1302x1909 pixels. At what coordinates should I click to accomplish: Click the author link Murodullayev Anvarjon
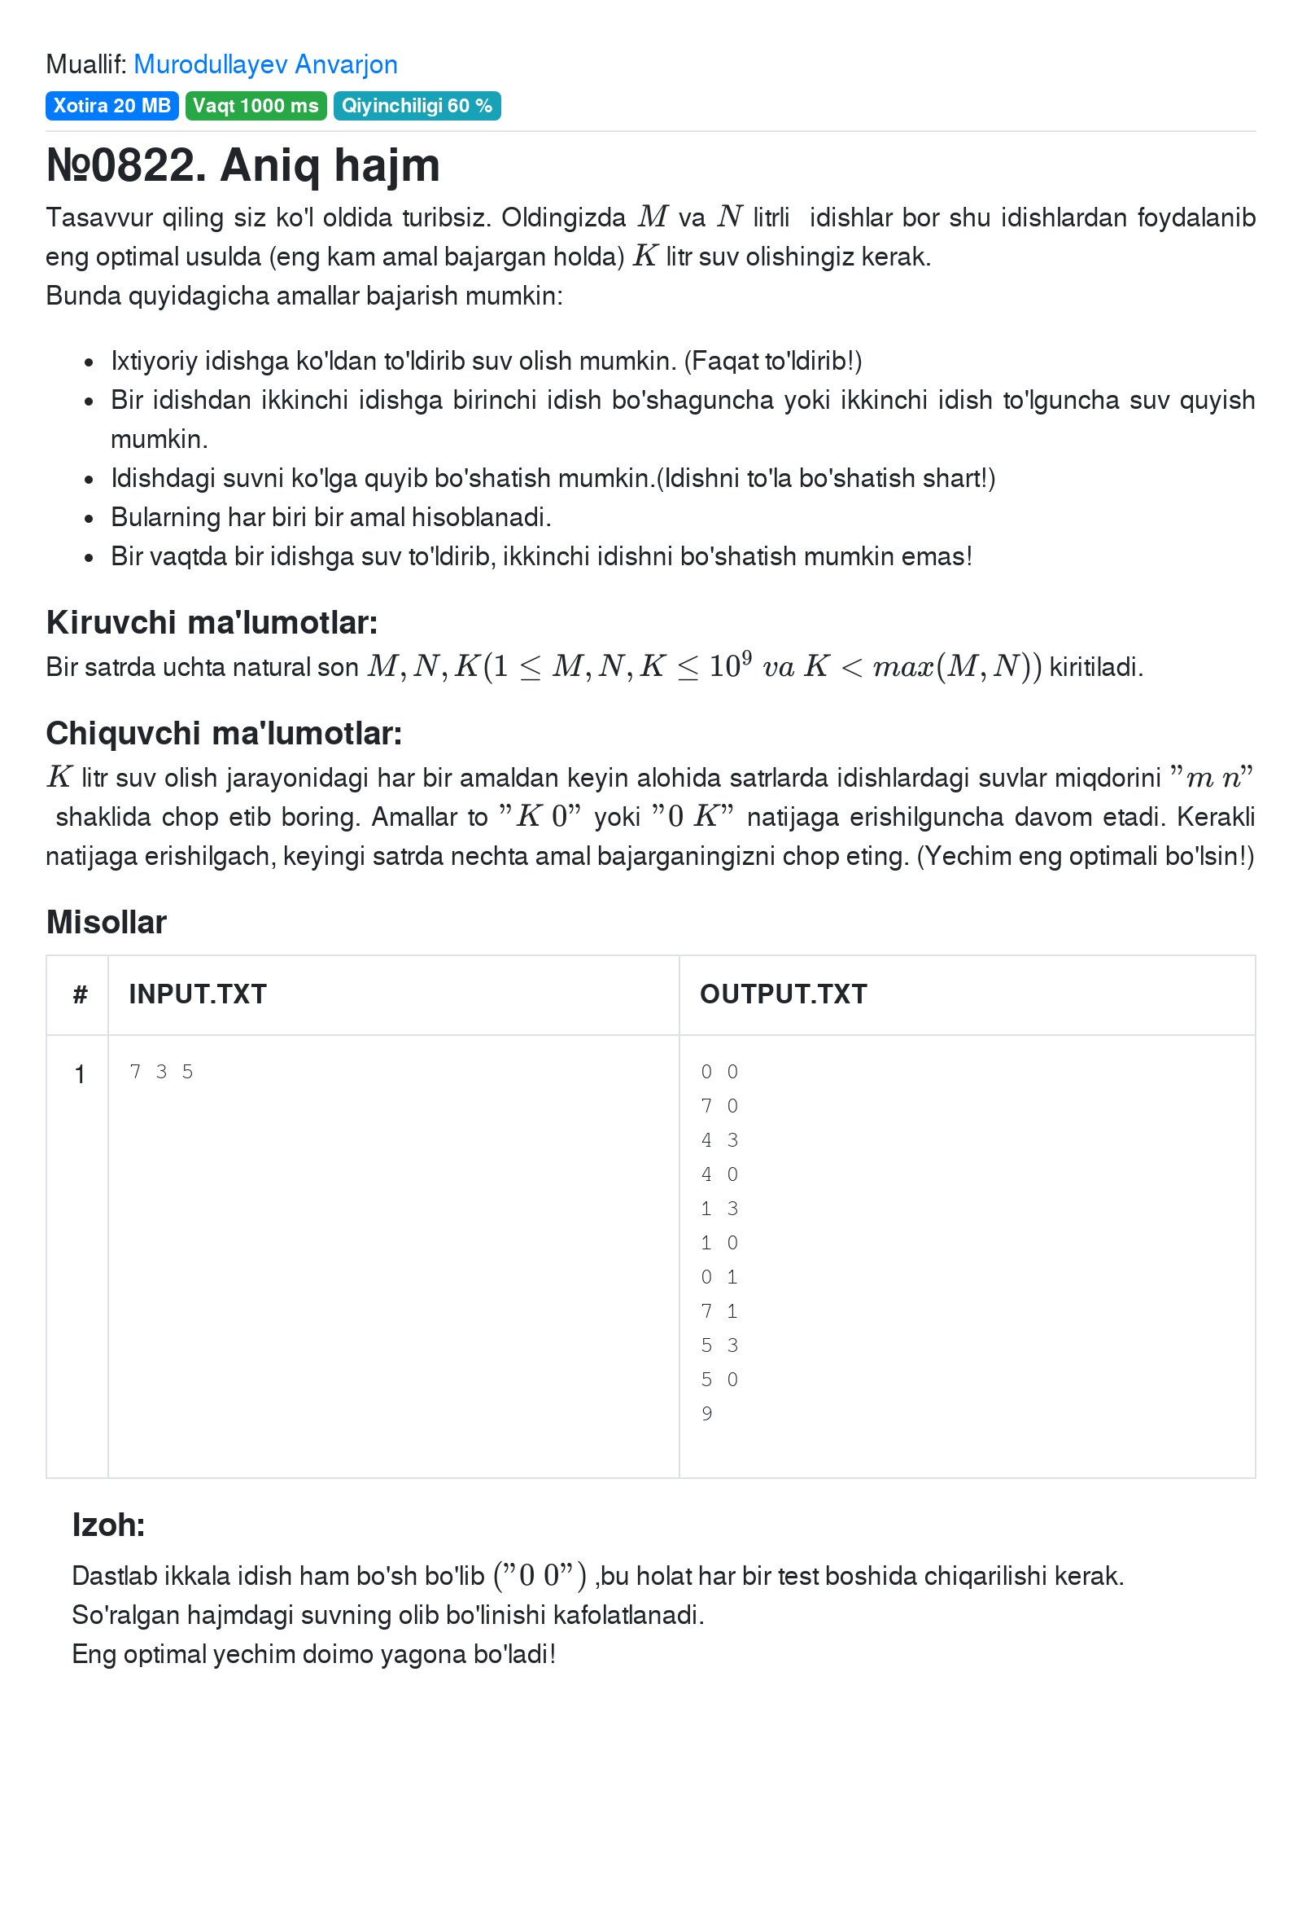[x=265, y=64]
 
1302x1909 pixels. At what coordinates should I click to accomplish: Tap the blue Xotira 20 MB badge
[x=111, y=106]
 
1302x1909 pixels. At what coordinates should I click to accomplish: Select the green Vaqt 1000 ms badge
[x=256, y=106]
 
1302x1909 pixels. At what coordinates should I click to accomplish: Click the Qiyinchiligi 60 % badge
[x=416, y=106]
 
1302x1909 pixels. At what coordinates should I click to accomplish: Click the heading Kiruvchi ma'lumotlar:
[x=212, y=623]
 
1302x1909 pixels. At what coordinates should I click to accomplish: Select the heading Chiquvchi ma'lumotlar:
[x=223, y=734]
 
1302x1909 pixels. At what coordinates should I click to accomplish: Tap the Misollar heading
[x=106, y=923]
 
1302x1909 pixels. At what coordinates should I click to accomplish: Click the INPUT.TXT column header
[x=197, y=994]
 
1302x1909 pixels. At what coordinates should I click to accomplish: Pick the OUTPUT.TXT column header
[x=782, y=994]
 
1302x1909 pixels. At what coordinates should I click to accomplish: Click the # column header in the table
[x=80, y=994]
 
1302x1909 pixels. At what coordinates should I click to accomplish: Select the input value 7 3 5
[x=161, y=1072]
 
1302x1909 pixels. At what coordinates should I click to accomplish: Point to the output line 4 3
[x=719, y=1140]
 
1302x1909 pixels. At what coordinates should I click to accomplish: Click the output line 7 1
[x=719, y=1311]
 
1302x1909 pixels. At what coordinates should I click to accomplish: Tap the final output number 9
[x=706, y=1414]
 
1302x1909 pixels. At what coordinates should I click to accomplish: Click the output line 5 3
[x=719, y=1345]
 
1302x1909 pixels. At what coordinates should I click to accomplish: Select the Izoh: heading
[x=108, y=1525]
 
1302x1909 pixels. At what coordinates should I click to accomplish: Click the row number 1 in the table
[x=80, y=1074]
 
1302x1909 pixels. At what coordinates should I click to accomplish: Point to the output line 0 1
[x=719, y=1277]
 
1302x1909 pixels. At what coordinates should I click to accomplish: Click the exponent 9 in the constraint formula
[x=746, y=656]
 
